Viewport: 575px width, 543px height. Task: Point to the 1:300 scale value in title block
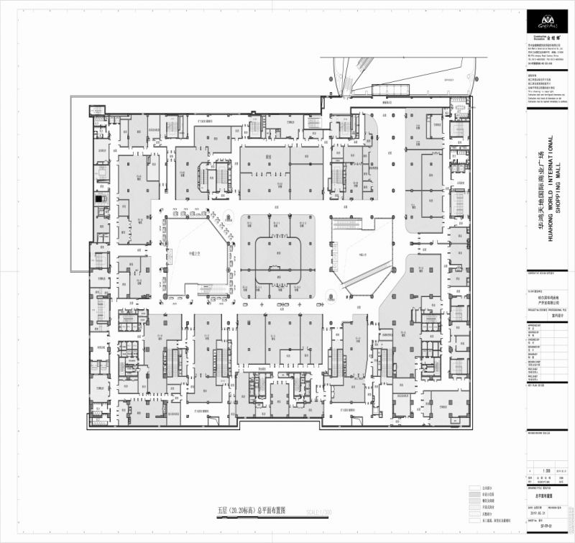point(535,470)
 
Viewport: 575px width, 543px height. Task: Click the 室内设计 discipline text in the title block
point(537,313)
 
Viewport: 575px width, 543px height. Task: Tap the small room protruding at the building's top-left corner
point(96,111)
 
